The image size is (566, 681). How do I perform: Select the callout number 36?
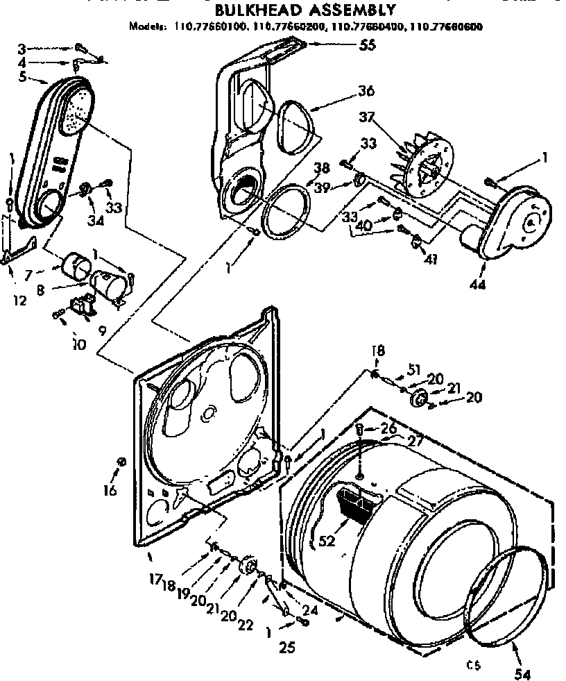[x=366, y=91]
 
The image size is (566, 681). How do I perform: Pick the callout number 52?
[x=327, y=539]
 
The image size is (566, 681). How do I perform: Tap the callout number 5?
[x=23, y=76]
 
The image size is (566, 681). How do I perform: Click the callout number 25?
[x=287, y=648]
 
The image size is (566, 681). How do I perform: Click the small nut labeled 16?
[x=122, y=462]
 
